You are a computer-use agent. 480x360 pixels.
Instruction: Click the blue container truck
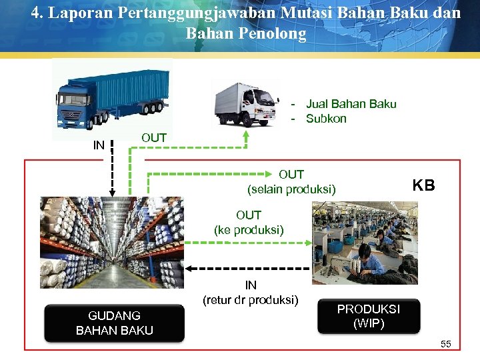109,97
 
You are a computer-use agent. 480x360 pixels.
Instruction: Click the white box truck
245,104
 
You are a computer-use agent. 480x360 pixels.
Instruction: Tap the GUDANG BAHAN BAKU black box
114,323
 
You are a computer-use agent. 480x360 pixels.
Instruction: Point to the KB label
423,185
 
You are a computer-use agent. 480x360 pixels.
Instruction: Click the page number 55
446,344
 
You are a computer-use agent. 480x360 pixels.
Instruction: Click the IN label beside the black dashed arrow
99,145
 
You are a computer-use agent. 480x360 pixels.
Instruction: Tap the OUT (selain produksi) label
291,182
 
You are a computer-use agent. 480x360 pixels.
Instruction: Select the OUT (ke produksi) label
249,223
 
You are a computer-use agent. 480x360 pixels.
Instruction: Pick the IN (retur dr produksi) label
251,293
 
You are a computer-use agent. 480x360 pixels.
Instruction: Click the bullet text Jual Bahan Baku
351,104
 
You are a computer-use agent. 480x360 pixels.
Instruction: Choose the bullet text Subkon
326,119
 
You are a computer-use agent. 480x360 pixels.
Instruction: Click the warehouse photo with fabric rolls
112,243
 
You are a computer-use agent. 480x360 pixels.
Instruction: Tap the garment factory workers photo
365,243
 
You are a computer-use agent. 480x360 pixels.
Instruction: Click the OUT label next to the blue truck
154,137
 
